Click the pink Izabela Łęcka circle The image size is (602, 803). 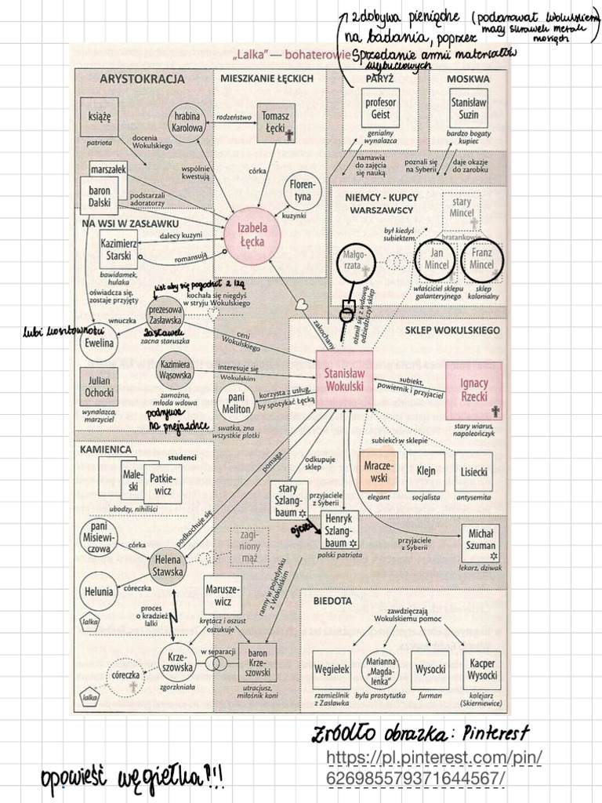pos(252,235)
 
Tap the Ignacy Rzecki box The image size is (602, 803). pos(474,391)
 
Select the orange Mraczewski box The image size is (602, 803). pos(379,471)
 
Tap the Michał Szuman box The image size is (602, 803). pos(481,541)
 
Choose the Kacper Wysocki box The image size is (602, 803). pos(482,670)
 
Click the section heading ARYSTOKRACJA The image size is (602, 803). pos(142,79)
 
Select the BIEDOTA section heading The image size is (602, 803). pos(332,601)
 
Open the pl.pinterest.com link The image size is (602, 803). pos(435,767)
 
